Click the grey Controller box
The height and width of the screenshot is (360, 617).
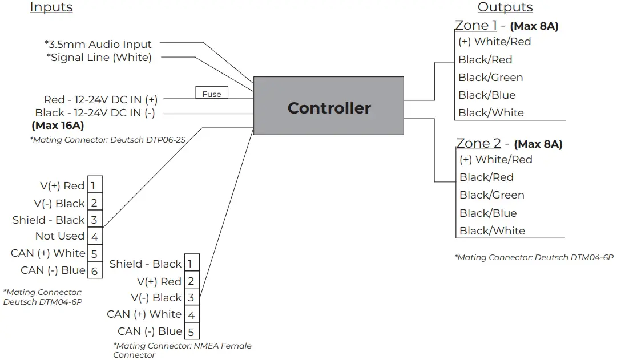(328, 106)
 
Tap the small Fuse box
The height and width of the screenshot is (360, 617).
(212, 94)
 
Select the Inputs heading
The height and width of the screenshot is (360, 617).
(51, 7)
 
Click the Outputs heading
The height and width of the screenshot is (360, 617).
(505, 7)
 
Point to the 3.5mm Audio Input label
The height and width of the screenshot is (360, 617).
(98, 44)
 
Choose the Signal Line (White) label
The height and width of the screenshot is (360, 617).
(99, 57)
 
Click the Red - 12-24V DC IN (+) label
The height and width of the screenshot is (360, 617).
(100, 99)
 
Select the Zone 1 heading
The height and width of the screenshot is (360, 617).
(475, 25)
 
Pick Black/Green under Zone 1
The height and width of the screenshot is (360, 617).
(490, 77)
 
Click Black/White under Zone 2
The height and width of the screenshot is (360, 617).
(492, 230)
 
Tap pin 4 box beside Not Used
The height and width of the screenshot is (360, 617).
(95, 237)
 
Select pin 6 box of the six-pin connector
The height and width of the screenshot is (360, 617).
(95, 271)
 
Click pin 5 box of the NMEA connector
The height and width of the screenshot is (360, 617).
(191, 331)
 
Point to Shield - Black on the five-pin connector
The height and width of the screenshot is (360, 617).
(145, 264)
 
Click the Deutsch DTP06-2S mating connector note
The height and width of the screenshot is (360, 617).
(107, 139)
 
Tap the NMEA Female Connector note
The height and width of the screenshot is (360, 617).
(182, 350)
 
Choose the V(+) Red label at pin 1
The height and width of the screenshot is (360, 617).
(62, 185)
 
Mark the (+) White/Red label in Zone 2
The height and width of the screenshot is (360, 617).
(495, 159)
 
